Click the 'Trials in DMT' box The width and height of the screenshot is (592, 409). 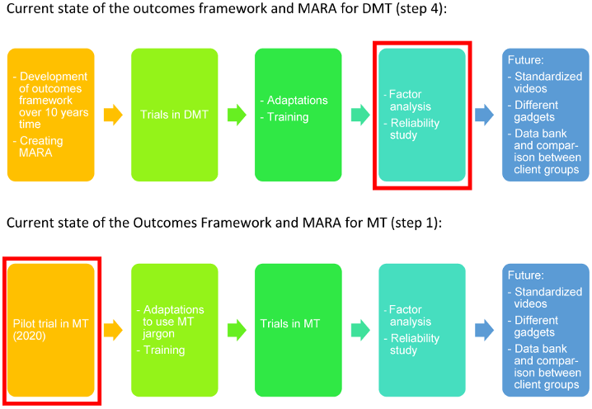pos(174,115)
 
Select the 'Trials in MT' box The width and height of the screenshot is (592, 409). pos(298,330)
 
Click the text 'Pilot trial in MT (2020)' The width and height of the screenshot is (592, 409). pos(47,330)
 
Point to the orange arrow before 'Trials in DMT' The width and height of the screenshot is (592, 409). pos(112,115)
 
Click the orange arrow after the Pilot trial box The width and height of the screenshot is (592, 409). pos(112,330)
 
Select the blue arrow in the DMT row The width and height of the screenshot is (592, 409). pos(484,115)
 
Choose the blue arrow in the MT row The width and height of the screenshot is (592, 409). pos(484,330)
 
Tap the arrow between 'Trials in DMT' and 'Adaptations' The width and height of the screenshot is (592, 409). pos(237,115)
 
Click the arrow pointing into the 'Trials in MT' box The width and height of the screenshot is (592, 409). pos(237,330)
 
